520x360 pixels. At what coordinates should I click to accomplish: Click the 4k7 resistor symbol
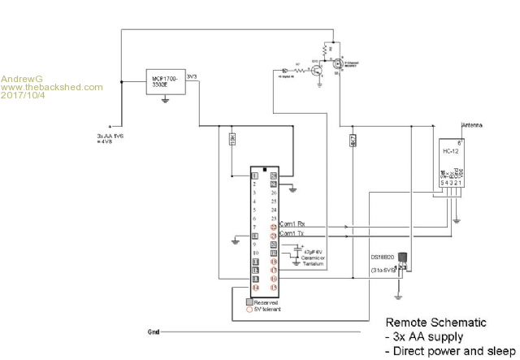(353, 139)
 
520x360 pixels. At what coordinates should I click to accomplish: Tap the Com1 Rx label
(292, 223)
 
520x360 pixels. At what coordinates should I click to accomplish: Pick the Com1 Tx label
(292, 234)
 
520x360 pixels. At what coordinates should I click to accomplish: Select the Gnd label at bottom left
(154, 332)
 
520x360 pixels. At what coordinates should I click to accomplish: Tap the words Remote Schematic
(435, 322)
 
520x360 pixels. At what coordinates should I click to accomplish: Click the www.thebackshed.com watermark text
(52, 86)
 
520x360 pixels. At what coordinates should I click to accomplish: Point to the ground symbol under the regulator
(165, 101)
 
